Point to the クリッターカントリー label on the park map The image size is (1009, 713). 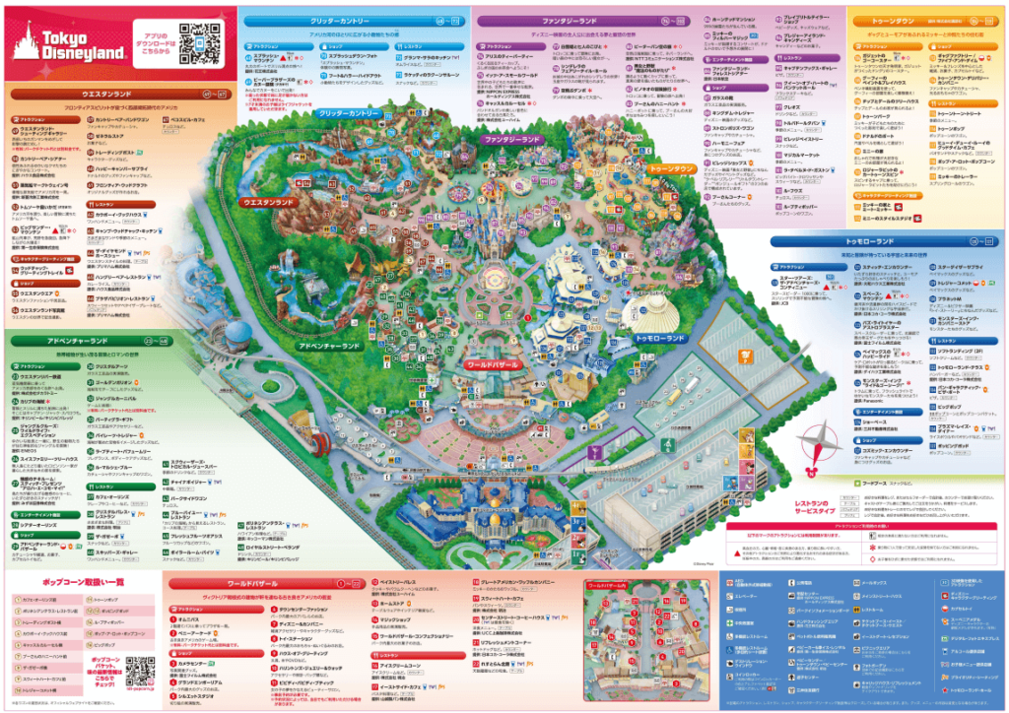tap(349, 114)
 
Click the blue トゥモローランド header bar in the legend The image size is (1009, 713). tap(897, 239)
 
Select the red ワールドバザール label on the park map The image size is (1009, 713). tap(492, 364)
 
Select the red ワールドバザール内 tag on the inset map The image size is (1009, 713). tap(607, 585)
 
